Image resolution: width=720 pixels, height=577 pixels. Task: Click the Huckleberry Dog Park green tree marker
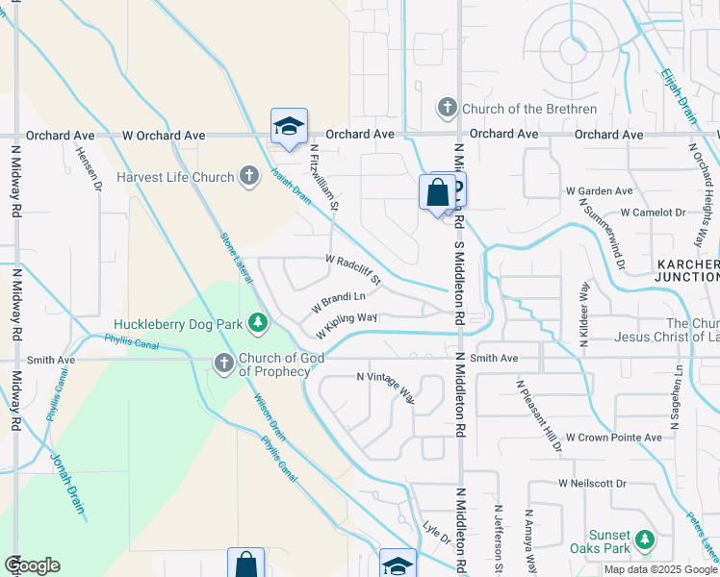click(257, 323)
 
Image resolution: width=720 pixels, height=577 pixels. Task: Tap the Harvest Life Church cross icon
click(249, 176)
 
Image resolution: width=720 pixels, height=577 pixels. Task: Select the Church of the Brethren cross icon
click(448, 108)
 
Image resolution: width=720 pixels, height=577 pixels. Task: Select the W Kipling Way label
click(347, 324)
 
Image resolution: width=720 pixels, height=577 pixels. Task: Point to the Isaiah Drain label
click(290, 182)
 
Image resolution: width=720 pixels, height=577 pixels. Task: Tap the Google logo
click(32, 565)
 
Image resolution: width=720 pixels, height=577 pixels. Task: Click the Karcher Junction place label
click(687, 270)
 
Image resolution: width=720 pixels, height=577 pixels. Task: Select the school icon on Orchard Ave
click(288, 127)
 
